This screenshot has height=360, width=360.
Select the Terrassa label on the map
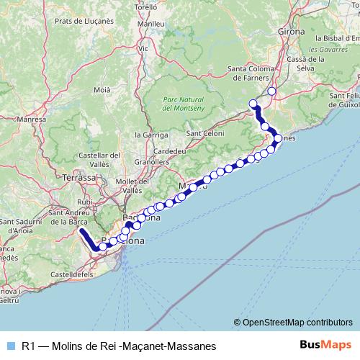(x=79, y=176)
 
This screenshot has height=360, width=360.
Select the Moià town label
(x=102, y=90)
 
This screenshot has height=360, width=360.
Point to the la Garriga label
(x=156, y=135)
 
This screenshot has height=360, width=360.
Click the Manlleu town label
(x=151, y=24)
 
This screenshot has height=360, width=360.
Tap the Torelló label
(x=145, y=6)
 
